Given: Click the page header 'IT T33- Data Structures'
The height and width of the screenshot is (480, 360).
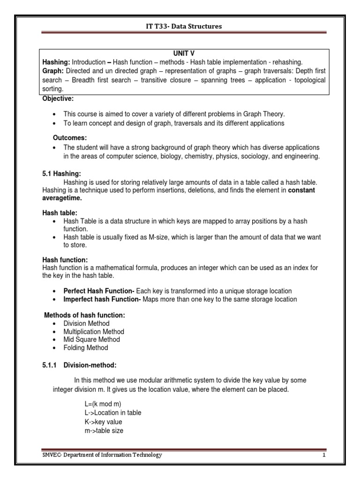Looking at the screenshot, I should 184,26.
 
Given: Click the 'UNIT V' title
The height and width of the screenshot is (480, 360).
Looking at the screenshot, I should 184,54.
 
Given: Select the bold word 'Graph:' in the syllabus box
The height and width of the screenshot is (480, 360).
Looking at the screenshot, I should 53,70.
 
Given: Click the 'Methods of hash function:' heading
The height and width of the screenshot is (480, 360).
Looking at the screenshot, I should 84,315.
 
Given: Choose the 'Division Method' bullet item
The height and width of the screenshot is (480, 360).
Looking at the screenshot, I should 86,323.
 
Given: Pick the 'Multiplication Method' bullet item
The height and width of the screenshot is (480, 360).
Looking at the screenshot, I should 94,331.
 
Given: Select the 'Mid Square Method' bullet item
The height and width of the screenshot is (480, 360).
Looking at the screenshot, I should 91,339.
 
